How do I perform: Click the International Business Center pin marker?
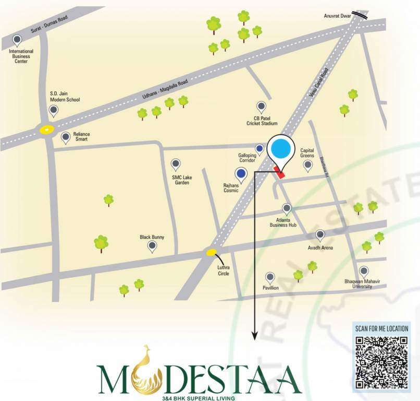pyautogui.click(x=17, y=40)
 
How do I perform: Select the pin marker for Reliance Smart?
pyautogui.click(x=66, y=138)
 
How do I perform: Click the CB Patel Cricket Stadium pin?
pyautogui.click(x=262, y=107)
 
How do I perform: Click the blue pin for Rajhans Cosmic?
pyautogui.click(x=241, y=174)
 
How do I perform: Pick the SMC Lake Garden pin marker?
pyautogui.click(x=176, y=164)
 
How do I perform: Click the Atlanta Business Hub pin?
pyautogui.click(x=287, y=208)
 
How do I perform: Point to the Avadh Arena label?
pyautogui.click(x=320, y=248)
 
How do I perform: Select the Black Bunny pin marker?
pyautogui.click(x=152, y=246)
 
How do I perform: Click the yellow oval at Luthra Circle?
pyautogui.click(x=211, y=253)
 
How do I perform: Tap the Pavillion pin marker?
pyautogui.click(x=270, y=278)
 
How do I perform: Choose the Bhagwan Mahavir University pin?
pyautogui.click(x=364, y=272)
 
